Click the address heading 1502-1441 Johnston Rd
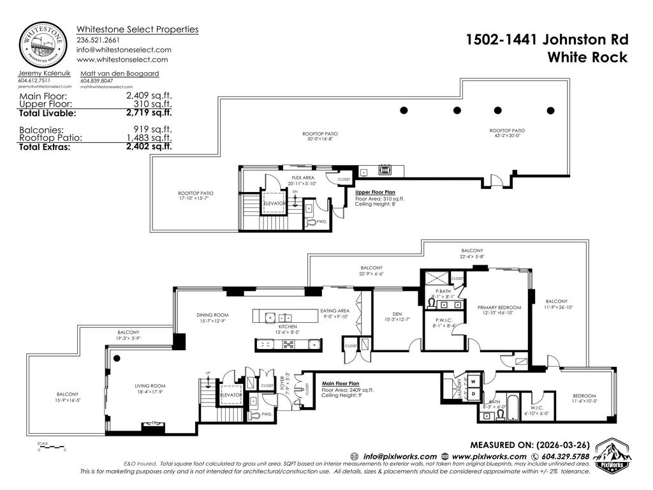[x=547, y=40]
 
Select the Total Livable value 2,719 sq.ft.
[x=149, y=114]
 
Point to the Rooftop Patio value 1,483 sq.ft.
[x=149, y=137]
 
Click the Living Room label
[x=150, y=385]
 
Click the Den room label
[x=397, y=313]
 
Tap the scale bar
[x=47, y=446]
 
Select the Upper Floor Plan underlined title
[x=376, y=191]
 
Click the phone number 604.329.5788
[x=565, y=456]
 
